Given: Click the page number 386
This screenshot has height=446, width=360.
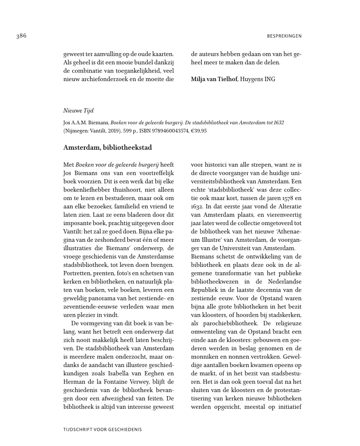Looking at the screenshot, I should click(x=20, y=36).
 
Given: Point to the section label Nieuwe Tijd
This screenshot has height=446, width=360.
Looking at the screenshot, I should click(x=75, y=110).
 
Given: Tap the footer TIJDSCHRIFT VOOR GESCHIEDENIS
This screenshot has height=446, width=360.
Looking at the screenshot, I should click(x=102, y=428).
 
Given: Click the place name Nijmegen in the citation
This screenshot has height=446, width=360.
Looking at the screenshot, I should click(x=77, y=131).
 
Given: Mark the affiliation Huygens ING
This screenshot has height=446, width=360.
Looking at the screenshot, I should click(x=257, y=79).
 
